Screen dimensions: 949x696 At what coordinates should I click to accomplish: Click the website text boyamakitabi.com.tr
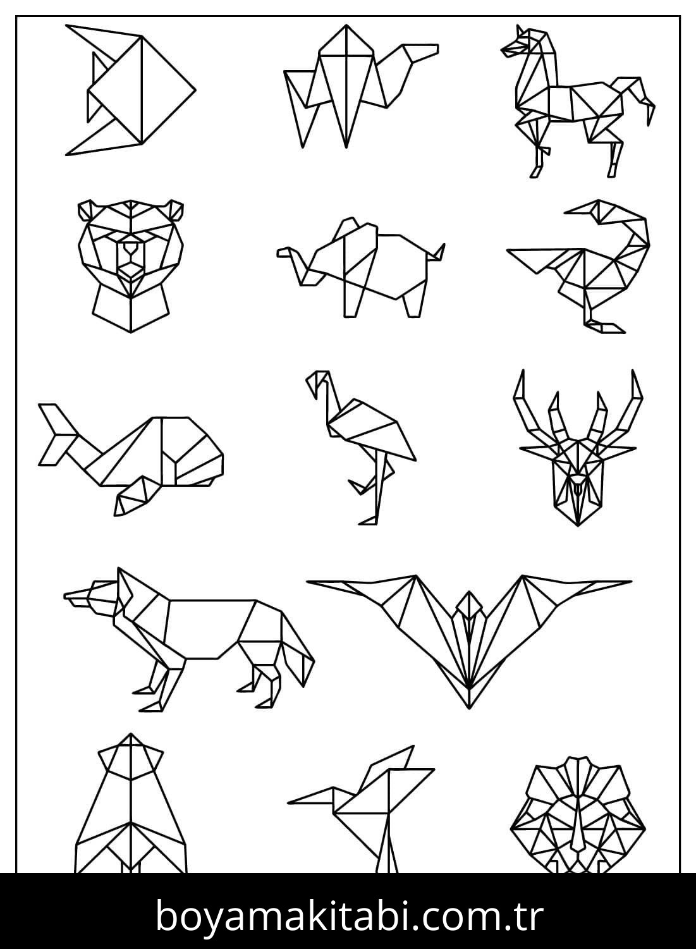click(x=348, y=915)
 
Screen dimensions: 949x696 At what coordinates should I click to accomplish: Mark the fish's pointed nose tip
click(x=193, y=89)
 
